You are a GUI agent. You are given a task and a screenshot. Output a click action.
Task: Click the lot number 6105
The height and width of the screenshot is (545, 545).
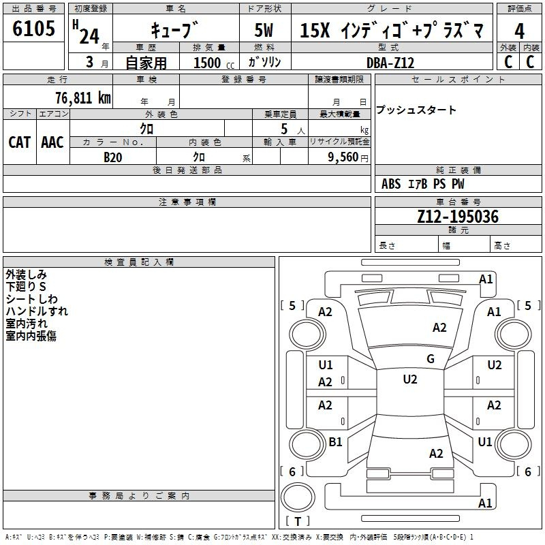click(x=33, y=28)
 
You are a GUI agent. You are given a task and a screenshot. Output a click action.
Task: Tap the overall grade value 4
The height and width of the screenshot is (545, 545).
click(x=519, y=31)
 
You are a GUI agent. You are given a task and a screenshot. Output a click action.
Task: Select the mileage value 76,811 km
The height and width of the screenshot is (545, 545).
click(x=83, y=97)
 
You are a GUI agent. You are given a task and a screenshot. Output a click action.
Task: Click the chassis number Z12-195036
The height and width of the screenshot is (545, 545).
click(x=458, y=216)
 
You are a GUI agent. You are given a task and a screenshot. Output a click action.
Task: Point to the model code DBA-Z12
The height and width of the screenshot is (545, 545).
click(x=390, y=63)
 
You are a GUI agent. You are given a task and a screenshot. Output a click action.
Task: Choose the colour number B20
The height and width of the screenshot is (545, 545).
click(x=113, y=157)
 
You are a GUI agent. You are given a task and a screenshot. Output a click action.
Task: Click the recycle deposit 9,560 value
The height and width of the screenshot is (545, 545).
click(x=343, y=157)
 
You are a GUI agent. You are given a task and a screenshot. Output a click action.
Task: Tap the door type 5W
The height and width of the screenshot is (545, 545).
click(x=264, y=30)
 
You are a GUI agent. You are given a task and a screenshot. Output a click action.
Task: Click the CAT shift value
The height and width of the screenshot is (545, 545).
click(x=20, y=142)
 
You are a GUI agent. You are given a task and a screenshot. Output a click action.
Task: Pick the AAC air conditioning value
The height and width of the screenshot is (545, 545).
click(x=52, y=142)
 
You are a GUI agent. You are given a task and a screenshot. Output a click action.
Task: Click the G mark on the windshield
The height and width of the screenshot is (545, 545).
click(x=431, y=358)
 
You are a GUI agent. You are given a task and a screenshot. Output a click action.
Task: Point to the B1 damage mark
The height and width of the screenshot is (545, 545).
click(x=335, y=441)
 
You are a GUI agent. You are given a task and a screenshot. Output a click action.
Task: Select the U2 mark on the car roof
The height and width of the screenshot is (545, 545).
click(x=410, y=379)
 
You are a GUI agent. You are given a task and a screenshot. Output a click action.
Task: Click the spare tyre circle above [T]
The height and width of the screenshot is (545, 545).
click(x=298, y=497)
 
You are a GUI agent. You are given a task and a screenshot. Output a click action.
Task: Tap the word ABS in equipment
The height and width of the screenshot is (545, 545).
click(x=391, y=184)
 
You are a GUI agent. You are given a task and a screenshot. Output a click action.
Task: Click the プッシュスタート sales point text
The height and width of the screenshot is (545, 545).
click(x=416, y=110)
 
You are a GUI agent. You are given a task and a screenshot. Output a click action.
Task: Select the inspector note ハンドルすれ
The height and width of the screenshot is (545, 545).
click(x=37, y=311)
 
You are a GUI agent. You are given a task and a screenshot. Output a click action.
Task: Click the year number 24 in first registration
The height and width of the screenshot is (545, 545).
click(x=89, y=36)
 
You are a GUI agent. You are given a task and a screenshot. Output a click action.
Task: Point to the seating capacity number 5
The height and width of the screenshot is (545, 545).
click(x=284, y=129)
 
